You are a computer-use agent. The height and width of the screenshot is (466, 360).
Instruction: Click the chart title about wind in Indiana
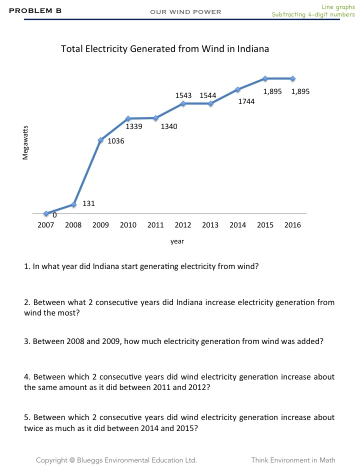(x=165, y=49)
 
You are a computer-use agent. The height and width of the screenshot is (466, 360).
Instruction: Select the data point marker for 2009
(x=101, y=140)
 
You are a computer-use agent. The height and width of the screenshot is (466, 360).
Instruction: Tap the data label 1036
(x=116, y=141)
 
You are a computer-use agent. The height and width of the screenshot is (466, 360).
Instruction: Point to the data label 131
(x=88, y=203)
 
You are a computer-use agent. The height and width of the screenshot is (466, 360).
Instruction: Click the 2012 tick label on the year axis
(x=183, y=225)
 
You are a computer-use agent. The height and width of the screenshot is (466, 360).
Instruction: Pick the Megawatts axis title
(x=25, y=142)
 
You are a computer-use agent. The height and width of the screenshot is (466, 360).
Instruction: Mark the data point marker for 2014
(x=238, y=89)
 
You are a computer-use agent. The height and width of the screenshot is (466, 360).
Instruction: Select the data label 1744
(x=246, y=101)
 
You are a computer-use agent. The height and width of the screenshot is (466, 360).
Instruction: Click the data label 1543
(x=183, y=95)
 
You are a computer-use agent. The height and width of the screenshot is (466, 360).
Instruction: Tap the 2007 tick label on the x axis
(x=46, y=225)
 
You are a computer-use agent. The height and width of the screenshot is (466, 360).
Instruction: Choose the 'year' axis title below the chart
(x=177, y=241)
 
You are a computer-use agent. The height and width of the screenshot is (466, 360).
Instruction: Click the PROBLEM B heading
(x=35, y=10)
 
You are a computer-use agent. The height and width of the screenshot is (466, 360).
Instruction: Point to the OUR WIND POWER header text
(x=185, y=12)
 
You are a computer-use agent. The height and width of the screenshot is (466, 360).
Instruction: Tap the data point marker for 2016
(x=292, y=78)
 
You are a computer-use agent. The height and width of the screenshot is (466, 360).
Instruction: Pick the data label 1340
(x=169, y=127)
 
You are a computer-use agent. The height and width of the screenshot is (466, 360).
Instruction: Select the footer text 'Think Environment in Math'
(x=293, y=460)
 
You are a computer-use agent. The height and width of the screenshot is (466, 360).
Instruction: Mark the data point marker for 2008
(x=74, y=204)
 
